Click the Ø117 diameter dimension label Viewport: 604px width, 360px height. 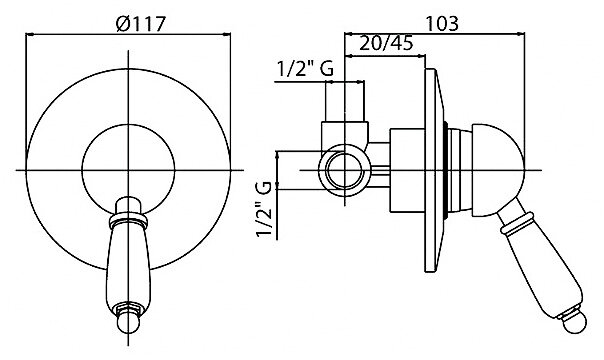141,24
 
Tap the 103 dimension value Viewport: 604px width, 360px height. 442,23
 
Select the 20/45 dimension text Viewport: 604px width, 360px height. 386,43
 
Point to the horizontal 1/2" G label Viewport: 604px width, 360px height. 305,69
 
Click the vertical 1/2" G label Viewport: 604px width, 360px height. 264,210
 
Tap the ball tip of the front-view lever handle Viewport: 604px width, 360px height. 128,322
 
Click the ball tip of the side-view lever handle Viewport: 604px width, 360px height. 574,321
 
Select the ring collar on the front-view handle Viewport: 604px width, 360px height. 128,220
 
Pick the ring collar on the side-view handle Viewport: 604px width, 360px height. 517,223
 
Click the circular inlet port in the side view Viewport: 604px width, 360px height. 344,170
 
